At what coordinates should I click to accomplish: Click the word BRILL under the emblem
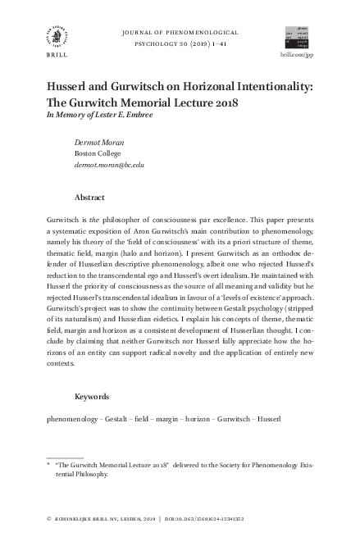pos(56,61)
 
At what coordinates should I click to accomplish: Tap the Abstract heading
pos(91,198)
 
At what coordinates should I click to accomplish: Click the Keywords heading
pos(92,397)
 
